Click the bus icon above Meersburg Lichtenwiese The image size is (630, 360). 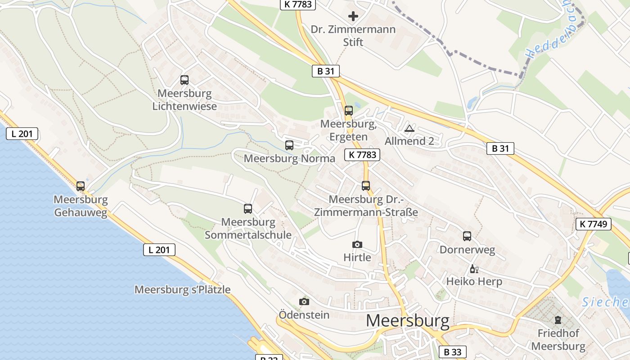(x=184, y=80)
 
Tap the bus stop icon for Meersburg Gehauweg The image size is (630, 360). (x=81, y=186)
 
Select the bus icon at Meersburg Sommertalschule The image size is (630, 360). (x=248, y=208)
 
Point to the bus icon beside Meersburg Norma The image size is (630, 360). (x=289, y=145)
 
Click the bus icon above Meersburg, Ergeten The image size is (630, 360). (x=349, y=110)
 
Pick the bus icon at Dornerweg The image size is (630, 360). (x=467, y=236)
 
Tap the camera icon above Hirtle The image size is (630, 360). (x=357, y=244)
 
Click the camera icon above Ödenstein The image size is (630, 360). (x=304, y=301)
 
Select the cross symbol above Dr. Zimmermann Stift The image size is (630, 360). (x=353, y=17)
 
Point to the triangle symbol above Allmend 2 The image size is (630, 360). (x=409, y=129)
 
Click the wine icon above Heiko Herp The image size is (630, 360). (x=473, y=269)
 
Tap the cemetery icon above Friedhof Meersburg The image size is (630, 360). (x=558, y=320)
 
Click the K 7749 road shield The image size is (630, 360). (x=593, y=224)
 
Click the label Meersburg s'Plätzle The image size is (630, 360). (x=182, y=290)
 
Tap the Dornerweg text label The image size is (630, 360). (x=467, y=250)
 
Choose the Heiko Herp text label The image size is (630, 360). (x=474, y=282)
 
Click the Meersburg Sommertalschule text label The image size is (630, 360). (x=248, y=229)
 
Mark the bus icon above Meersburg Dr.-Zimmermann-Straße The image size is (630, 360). (x=366, y=185)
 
